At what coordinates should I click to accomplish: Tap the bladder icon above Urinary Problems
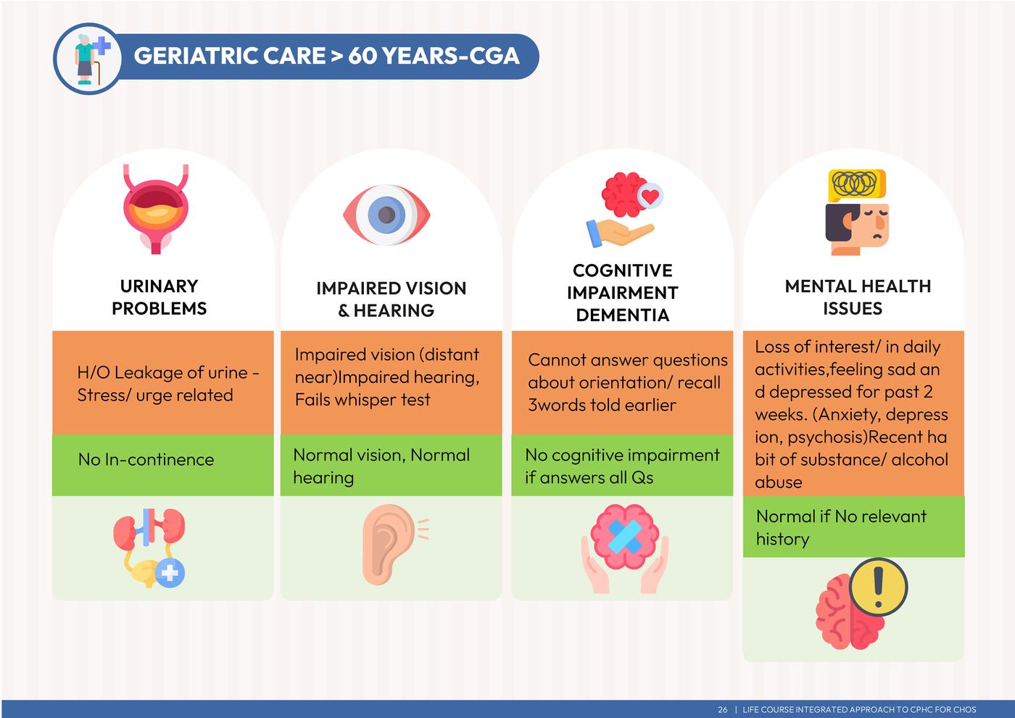pyautogui.click(x=156, y=209)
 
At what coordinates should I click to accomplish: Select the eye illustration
pyautogui.click(x=386, y=215)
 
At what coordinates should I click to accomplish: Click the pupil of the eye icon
pyautogui.click(x=386, y=215)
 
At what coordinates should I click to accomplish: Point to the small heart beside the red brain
pyautogui.click(x=651, y=196)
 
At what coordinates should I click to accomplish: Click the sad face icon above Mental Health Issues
pyautogui.click(x=857, y=229)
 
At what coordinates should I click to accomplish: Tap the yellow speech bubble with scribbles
pyautogui.click(x=856, y=185)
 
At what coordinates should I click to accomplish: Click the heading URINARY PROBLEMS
pyautogui.click(x=159, y=297)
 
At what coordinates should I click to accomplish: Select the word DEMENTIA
pyautogui.click(x=623, y=315)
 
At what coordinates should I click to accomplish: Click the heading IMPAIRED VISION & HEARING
pyautogui.click(x=391, y=299)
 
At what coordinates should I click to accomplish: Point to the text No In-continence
pyautogui.click(x=146, y=460)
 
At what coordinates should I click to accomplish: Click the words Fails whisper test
pyautogui.click(x=362, y=400)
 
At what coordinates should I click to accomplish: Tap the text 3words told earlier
pyautogui.click(x=602, y=405)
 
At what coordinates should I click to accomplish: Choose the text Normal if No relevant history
pyautogui.click(x=842, y=528)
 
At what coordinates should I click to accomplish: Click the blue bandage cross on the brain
pyautogui.click(x=624, y=537)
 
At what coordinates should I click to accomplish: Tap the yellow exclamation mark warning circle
pyautogui.click(x=878, y=587)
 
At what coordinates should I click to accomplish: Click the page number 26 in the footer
pyautogui.click(x=722, y=709)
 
